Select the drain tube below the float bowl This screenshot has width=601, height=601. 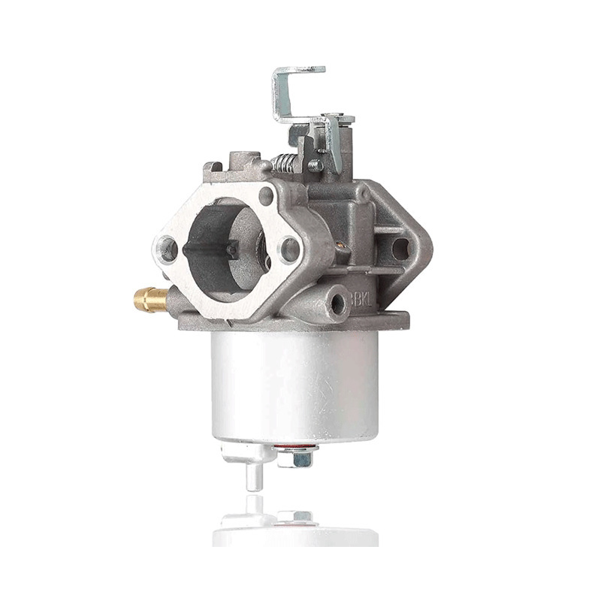(253, 475)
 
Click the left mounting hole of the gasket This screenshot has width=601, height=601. (167, 249)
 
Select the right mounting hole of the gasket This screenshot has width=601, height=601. (288, 249)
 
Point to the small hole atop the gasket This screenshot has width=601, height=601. (265, 197)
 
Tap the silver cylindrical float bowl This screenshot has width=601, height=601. (294, 383)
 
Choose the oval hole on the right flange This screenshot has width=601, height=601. (400, 248)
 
